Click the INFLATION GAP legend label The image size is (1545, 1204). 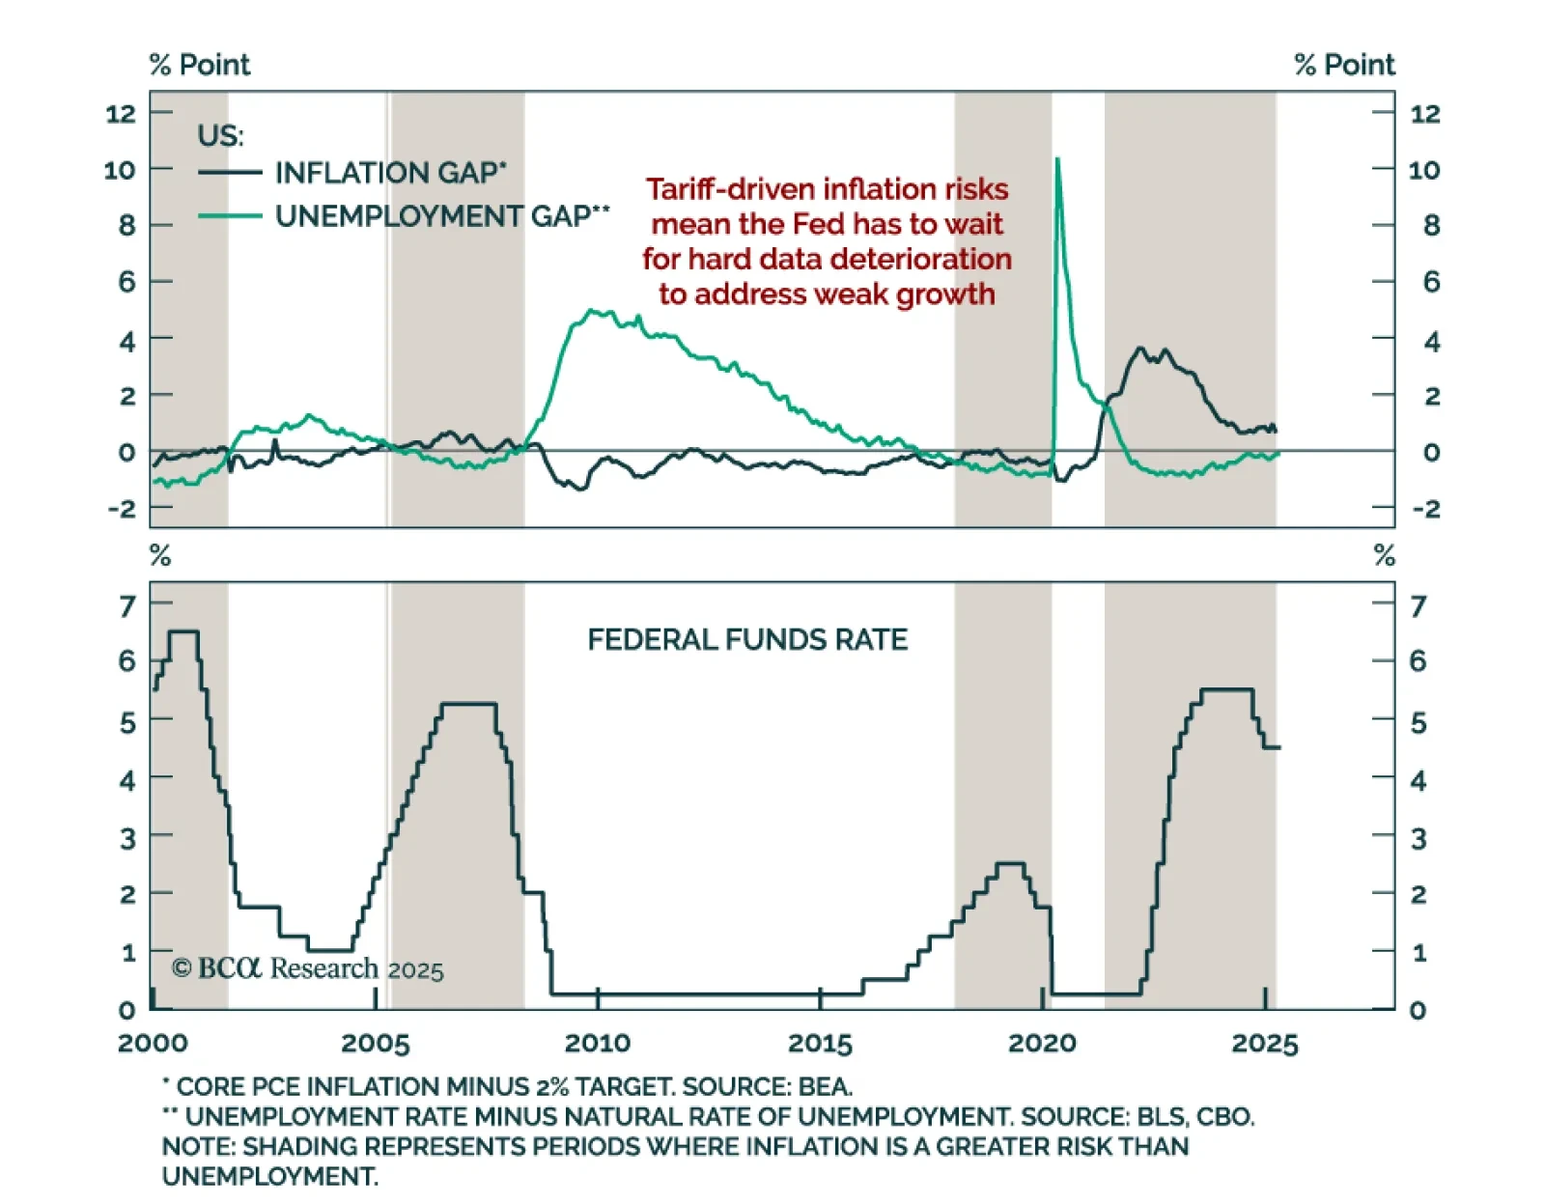click(390, 173)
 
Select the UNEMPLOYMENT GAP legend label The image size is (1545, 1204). click(442, 216)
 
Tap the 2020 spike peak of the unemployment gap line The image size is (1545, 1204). click(1057, 159)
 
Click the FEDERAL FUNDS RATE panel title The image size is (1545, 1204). click(747, 640)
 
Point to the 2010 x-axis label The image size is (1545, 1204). click(598, 1044)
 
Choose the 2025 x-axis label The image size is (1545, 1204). click(1265, 1044)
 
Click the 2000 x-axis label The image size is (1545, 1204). click(153, 1044)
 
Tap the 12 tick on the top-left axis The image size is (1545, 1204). click(121, 114)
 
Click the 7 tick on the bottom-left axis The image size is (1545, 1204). click(127, 606)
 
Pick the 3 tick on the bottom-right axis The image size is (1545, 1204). click(1418, 839)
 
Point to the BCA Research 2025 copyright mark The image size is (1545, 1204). click(307, 968)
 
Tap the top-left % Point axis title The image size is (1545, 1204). click(200, 65)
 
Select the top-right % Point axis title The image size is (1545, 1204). click(1344, 65)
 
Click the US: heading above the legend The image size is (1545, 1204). click(220, 136)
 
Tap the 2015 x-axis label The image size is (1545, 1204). click(820, 1044)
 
